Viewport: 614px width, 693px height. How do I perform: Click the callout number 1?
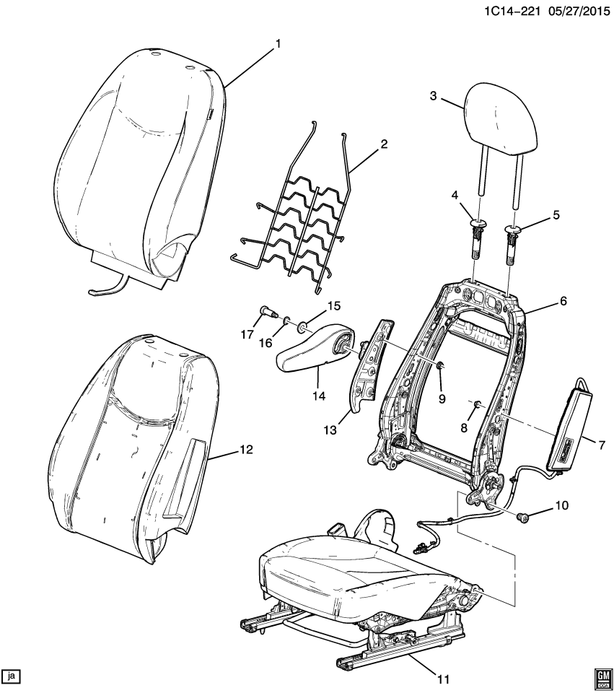pos(278,44)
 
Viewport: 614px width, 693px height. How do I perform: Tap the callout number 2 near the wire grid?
pos(384,143)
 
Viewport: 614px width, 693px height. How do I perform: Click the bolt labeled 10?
pos(523,515)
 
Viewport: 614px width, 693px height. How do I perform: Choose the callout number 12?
pos(246,450)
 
